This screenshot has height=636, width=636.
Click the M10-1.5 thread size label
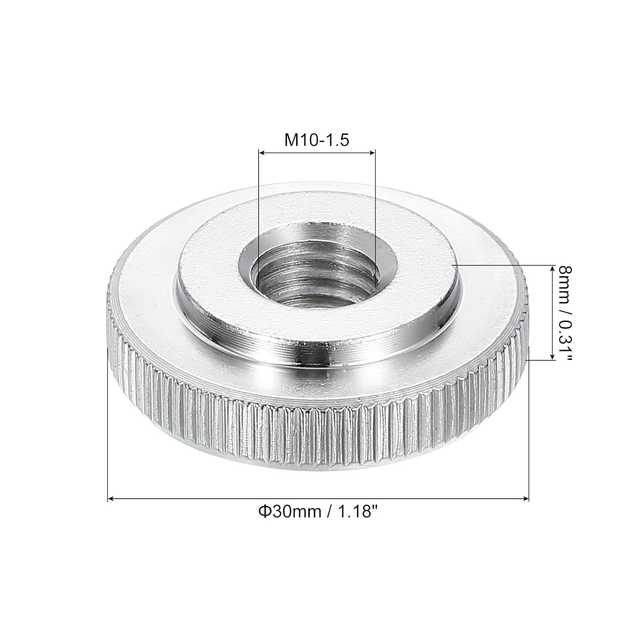316,139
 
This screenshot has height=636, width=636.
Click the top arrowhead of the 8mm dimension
552,268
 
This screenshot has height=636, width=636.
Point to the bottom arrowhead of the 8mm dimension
552,357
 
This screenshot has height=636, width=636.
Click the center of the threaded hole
317,271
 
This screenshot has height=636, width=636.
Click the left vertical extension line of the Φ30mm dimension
108,424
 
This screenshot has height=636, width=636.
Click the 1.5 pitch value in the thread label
338,139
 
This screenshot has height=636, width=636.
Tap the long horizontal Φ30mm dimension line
318,499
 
